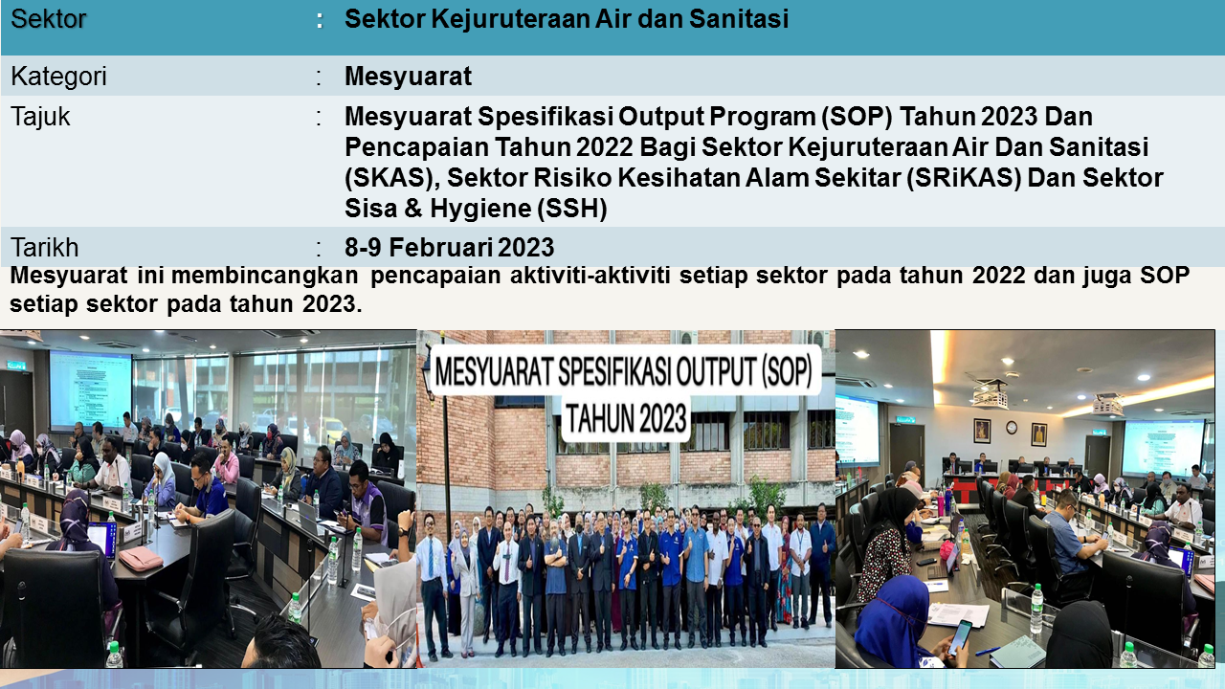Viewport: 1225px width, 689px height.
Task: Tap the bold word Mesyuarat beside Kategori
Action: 408,76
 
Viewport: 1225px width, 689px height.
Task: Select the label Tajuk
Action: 40,117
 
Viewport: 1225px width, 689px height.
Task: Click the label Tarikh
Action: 45,248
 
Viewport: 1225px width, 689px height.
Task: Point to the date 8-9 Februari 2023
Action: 450,248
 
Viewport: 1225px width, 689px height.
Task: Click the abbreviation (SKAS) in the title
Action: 392,178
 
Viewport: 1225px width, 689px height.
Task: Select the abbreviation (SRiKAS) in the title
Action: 964,178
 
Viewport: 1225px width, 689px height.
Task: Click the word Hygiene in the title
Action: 480,209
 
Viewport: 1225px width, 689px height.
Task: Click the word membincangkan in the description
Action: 265,276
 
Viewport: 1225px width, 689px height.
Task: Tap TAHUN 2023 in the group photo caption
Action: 626,419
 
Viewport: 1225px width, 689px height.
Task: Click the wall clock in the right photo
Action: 1012,428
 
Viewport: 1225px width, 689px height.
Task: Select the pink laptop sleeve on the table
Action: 140,558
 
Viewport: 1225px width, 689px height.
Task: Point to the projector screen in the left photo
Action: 90,389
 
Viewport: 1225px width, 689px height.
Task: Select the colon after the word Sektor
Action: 320,21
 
